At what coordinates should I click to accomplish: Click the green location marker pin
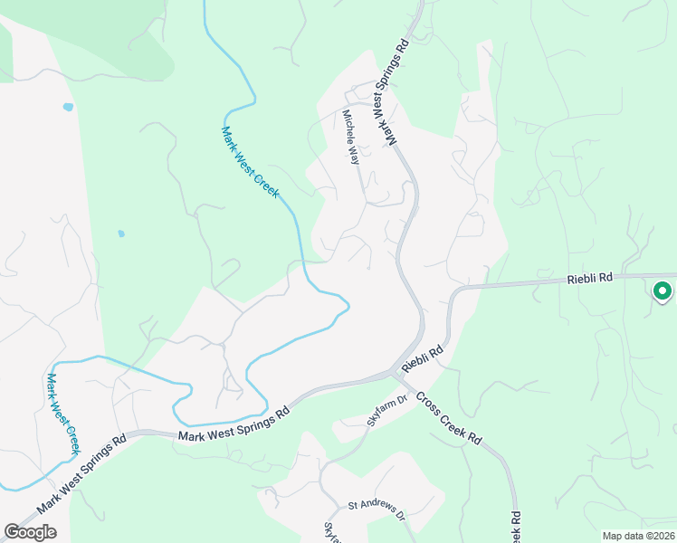(663, 291)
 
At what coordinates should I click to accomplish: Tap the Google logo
(31, 532)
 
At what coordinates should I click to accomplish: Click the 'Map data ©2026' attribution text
(638, 536)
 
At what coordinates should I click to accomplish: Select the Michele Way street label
(351, 137)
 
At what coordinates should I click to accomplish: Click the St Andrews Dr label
(377, 510)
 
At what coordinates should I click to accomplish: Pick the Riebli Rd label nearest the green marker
(590, 280)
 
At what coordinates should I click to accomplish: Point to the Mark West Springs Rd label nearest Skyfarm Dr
(233, 423)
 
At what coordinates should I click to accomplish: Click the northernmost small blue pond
(68, 107)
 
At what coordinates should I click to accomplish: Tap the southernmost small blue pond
(121, 233)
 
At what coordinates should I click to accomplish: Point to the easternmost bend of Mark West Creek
(348, 306)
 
